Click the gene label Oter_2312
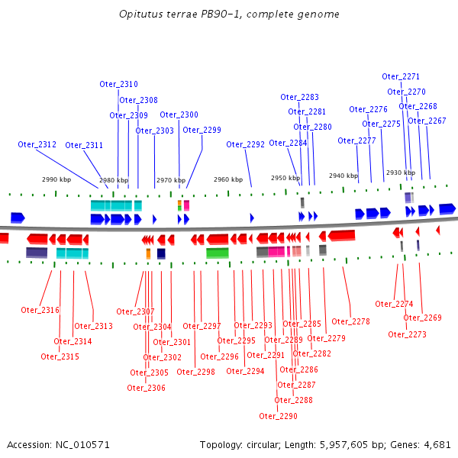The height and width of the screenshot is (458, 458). click(37, 144)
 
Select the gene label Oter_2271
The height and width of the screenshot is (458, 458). click(401, 76)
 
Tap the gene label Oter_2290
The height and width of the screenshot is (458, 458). click(279, 416)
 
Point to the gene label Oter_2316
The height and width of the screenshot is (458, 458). click(40, 310)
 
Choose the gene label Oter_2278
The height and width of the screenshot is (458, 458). click(350, 321)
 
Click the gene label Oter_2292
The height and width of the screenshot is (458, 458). click(245, 144)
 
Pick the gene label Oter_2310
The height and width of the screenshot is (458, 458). click(119, 84)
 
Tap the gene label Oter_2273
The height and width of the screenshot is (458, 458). click(408, 334)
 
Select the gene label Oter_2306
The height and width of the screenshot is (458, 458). click(146, 388)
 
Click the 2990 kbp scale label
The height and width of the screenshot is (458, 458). click(56, 179)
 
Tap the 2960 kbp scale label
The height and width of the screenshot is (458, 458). click(227, 179)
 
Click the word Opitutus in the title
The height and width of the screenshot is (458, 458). click(139, 15)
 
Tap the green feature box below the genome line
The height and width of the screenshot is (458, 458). click(218, 253)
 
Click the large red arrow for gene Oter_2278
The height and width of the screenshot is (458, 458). click(340, 235)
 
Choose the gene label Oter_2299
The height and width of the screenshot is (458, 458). click(202, 130)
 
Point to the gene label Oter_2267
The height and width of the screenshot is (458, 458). click(427, 121)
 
